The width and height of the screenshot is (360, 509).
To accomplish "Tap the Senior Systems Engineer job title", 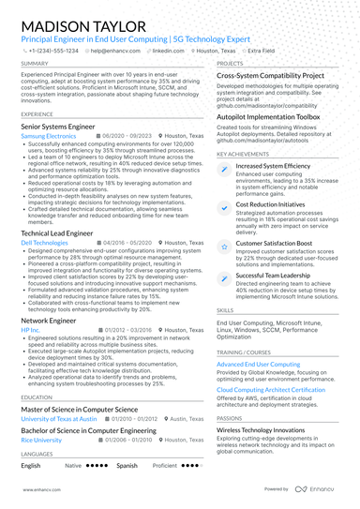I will click(x=56, y=125).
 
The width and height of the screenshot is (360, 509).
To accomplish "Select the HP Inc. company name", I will click(x=30, y=330).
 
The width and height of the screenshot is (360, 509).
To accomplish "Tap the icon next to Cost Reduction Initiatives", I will click(x=224, y=205).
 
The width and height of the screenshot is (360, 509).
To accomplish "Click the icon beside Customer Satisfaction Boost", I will click(x=224, y=244).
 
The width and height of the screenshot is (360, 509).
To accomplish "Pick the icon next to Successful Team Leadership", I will click(x=224, y=277).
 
